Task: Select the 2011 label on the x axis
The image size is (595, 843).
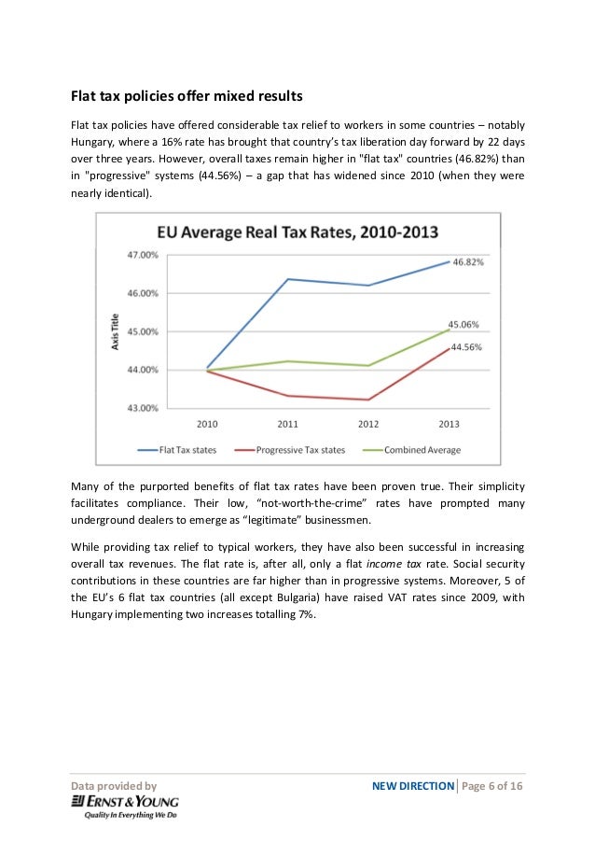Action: [288, 423]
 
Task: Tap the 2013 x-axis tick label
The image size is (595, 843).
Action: [450, 423]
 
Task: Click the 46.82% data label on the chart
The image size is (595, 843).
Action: [469, 262]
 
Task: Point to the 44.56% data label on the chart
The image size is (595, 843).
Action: [466, 347]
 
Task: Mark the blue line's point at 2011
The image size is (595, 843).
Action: [288, 279]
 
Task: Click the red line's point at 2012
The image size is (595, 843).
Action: [368, 400]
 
